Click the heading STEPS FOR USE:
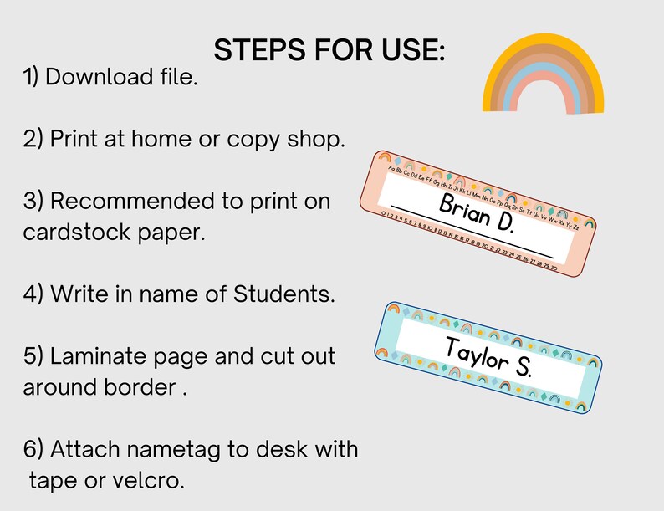tap(330, 49)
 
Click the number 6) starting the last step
tap(34, 450)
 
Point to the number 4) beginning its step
tap(34, 294)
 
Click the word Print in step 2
tap(74, 140)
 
